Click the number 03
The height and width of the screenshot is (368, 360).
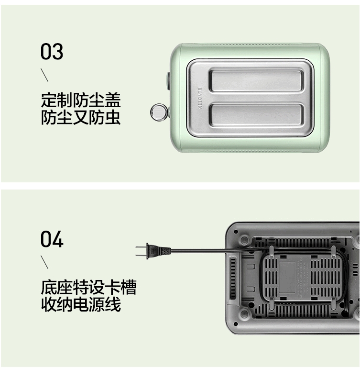coord(52,52)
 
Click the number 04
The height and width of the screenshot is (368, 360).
coord(52,239)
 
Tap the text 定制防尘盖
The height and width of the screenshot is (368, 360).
coord(81,100)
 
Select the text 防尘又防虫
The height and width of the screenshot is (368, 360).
coord(81,118)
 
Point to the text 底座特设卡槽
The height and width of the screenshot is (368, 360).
coord(88,288)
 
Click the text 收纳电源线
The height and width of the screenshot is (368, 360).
coord(81,305)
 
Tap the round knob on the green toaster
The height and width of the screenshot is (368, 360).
coord(158,112)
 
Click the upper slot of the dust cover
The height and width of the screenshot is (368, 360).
coord(256,79)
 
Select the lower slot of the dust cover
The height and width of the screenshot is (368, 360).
coord(256,115)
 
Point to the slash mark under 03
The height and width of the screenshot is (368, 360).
coord(44,75)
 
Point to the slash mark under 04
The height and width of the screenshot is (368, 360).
coord(44,262)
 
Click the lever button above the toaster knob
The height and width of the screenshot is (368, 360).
coord(168,80)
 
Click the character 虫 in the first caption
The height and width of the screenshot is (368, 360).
coord(112,118)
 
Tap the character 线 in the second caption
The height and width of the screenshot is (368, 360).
coord(113,305)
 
